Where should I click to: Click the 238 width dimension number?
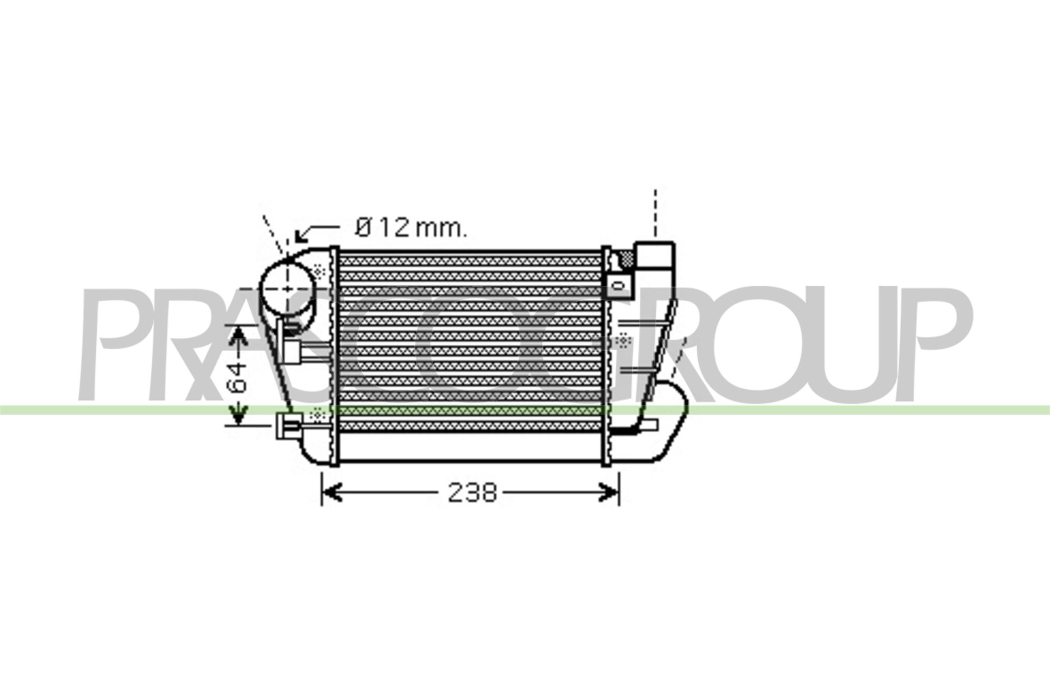tap(472, 493)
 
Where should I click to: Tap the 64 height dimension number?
tap(237, 377)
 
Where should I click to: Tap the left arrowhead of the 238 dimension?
tap(330, 493)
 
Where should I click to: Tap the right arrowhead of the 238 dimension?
tap(610, 493)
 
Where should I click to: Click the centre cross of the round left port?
tap(287, 289)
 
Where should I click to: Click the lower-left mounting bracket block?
tap(289, 425)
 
